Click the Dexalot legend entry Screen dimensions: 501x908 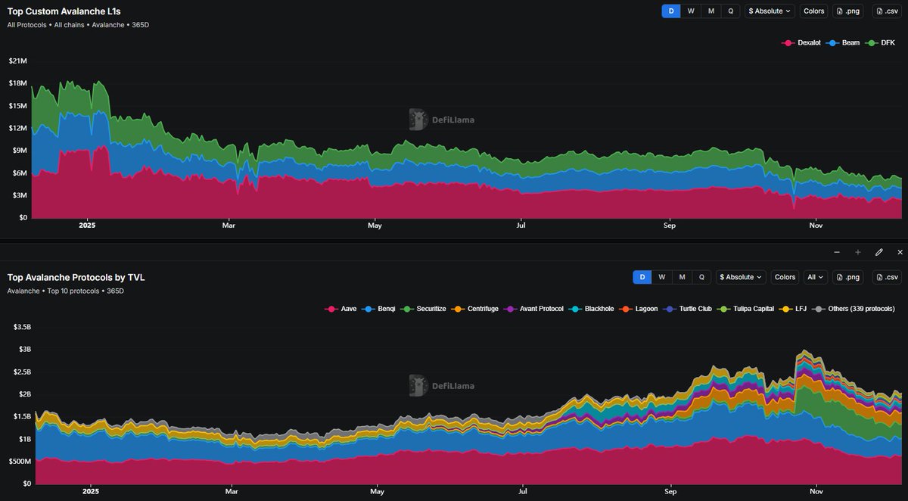(x=803, y=43)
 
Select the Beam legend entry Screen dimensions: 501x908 (x=845, y=43)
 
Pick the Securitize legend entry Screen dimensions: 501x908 (x=425, y=309)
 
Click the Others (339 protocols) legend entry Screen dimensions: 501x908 (x=855, y=309)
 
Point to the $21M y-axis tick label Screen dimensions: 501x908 (x=17, y=61)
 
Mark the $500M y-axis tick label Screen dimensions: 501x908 (x=19, y=462)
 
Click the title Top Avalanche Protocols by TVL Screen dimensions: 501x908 (x=76, y=278)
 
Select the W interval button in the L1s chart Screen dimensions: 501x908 (x=691, y=11)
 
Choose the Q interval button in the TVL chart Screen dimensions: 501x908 (x=701, y=278)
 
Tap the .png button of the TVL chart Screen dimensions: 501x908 (x=847, y=278)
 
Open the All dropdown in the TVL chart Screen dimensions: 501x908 (x=815, y=278)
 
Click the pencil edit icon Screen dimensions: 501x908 (x=878, y=252)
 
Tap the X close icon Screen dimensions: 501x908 (x=900, y=252)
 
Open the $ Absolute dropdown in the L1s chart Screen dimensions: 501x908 (x=770, y=11)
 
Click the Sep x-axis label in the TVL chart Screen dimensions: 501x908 (x=670, y=491)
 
